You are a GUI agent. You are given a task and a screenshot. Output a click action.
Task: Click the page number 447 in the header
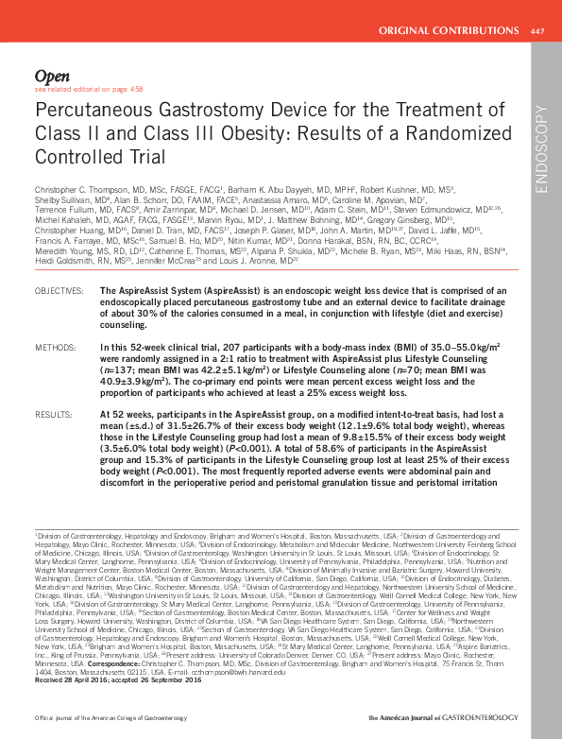[x=537, y=32]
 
